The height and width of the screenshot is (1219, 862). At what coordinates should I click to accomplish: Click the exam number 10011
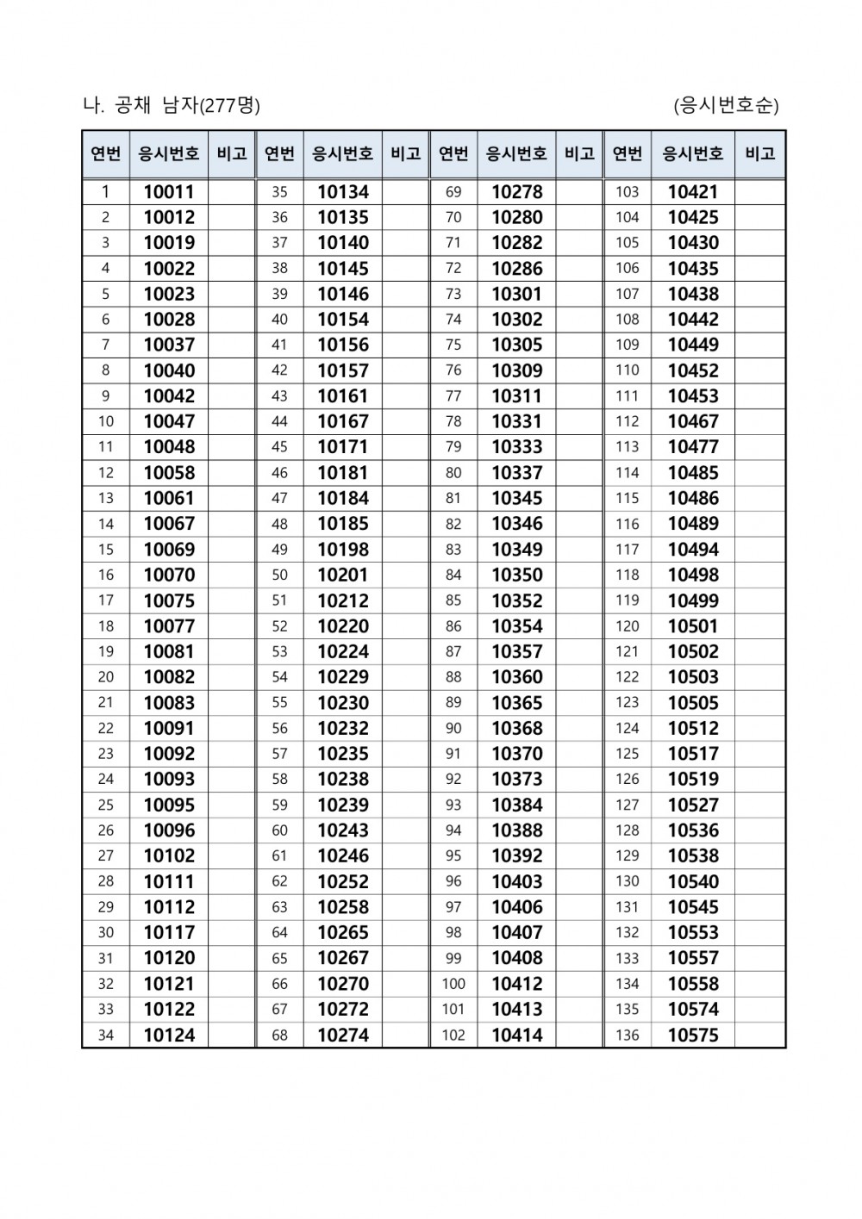169,192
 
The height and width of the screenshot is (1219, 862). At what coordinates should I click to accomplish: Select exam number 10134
343,192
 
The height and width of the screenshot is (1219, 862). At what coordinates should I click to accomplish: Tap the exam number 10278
517,192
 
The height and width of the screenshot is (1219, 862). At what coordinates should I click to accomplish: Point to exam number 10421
693,192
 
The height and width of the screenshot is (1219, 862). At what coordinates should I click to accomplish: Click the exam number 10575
693,1035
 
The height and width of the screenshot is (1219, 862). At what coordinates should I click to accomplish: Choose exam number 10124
169,1035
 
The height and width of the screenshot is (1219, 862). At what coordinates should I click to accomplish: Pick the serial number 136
628,1035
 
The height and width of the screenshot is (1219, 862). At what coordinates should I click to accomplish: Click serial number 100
453,984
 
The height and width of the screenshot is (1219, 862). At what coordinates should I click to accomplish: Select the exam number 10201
343,575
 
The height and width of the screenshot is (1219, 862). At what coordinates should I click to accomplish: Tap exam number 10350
517,575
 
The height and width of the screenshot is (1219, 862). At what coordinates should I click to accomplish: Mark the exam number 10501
693,626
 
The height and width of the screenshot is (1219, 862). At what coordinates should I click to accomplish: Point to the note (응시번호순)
726,105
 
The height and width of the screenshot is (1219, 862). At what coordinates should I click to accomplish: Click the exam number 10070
169,575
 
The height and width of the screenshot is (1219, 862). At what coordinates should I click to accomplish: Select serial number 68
279,1035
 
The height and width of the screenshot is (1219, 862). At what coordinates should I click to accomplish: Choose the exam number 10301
517,294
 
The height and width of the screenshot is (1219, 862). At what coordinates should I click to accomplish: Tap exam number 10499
693,600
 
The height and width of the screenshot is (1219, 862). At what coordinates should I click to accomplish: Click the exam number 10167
343,421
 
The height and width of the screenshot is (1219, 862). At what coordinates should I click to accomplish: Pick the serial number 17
106,600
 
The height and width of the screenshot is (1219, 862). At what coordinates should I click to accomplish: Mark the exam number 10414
517,1035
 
